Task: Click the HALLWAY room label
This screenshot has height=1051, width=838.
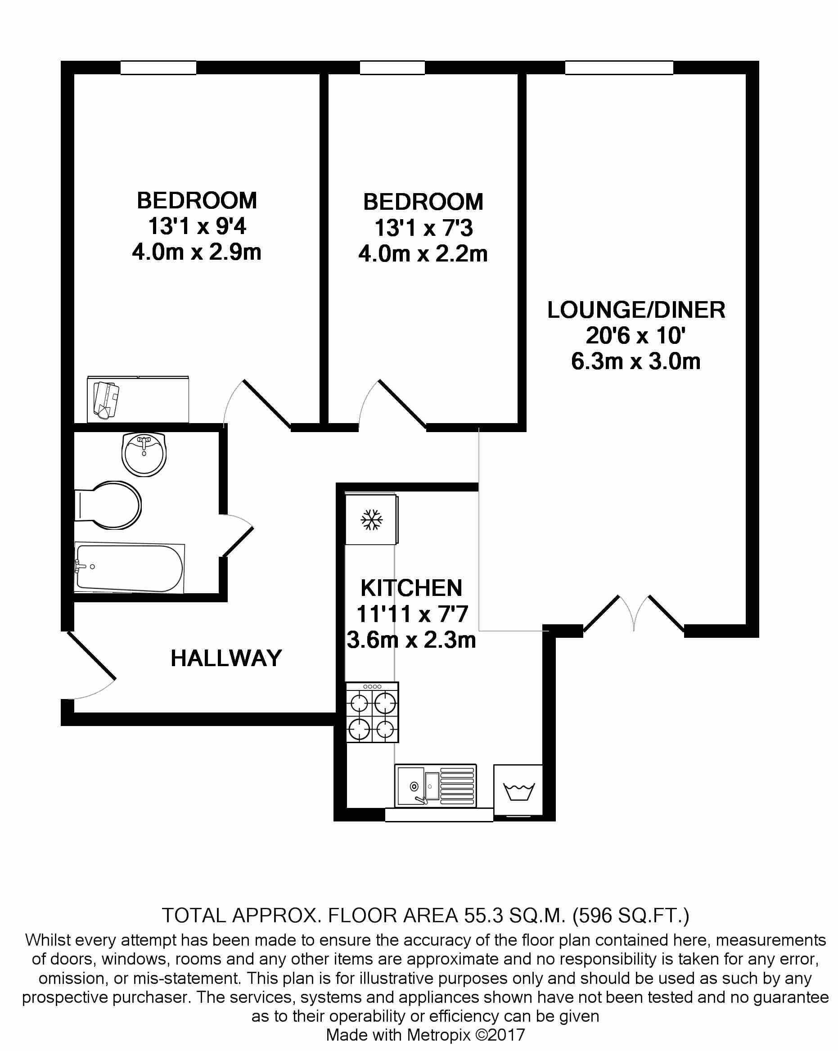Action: (x=226, y=658)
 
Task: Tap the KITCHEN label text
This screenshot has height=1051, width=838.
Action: (x=411, y=588)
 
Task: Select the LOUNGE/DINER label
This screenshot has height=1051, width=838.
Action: (x=635, y=310)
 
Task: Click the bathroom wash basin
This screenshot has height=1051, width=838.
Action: (x=144, y=454)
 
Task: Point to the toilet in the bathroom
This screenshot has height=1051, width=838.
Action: (x=109, y=505)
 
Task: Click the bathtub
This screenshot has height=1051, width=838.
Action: (x=129, y=568)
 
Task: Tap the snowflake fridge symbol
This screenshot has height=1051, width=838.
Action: (x=371, y=520)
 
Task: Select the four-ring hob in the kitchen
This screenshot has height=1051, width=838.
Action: (x=372, y=712)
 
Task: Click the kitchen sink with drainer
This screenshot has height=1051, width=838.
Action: (x=436, y=785)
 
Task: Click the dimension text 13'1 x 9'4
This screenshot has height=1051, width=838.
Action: (x=197, y=227)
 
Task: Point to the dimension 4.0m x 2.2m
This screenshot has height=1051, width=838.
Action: (x=423, y=254)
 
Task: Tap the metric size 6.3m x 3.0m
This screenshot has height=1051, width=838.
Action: (x=635, y=362)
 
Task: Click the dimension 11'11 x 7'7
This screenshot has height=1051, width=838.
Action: (x=412, y=614)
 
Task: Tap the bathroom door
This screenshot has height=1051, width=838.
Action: (x=238, y=536)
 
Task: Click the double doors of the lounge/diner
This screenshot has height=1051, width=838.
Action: (x=634, y=614)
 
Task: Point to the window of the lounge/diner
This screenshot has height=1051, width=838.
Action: (x=619, y=68)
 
